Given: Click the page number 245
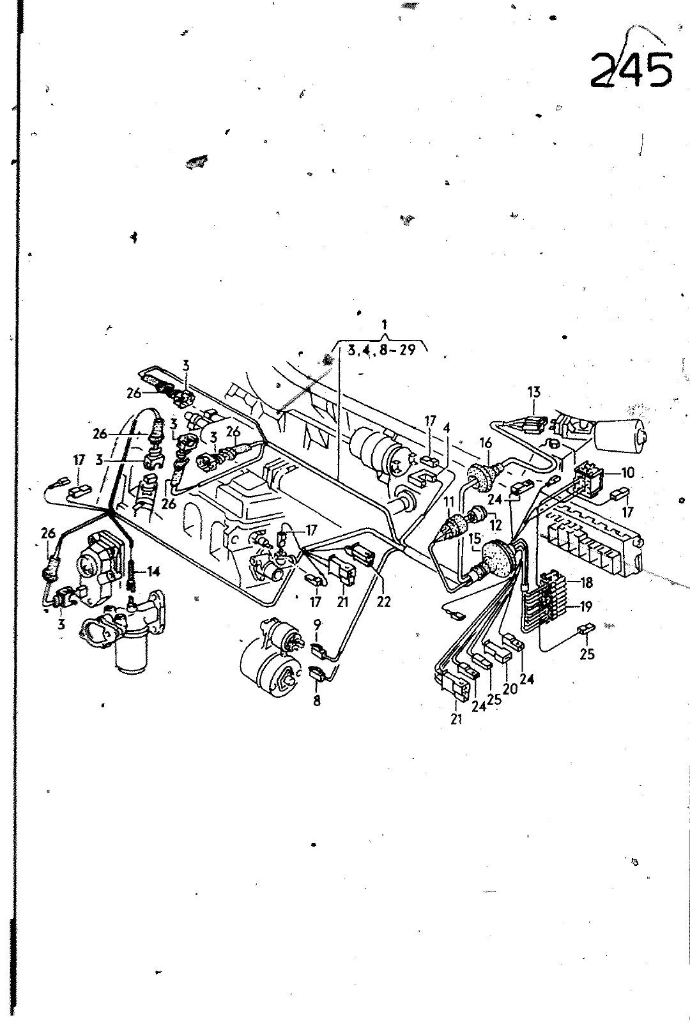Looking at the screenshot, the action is (632, 69).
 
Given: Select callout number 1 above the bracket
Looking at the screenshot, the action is (385, 325).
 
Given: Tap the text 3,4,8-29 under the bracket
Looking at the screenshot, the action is (381, 350).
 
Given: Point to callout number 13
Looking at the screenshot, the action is (533, 392).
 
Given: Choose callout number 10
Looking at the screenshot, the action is (628, 473).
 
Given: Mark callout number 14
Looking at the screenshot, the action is (153, 571).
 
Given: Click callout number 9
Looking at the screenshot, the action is (318, 624).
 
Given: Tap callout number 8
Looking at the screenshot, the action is (317, 700).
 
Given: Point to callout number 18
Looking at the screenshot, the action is (586, 582).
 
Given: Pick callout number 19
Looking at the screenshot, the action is (586, 606).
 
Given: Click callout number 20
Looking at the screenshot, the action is (510, 688).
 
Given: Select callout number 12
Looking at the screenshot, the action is (496, 525).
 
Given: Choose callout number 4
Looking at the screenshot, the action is (447, 428).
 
